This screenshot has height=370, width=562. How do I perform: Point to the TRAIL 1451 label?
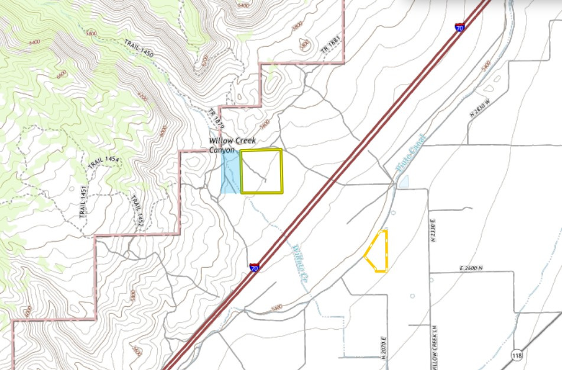pyautogui.click(x=83, y=202)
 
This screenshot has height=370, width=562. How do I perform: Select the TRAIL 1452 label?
pyautogui.click(x=137, y=210)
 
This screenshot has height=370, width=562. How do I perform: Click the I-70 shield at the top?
pyautogui.click(x=460, y=27)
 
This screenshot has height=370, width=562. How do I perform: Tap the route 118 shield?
pyautogui.click(x=517, y=355)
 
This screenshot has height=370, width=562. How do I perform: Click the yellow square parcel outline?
pyautogui.click(x=261, y=171)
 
